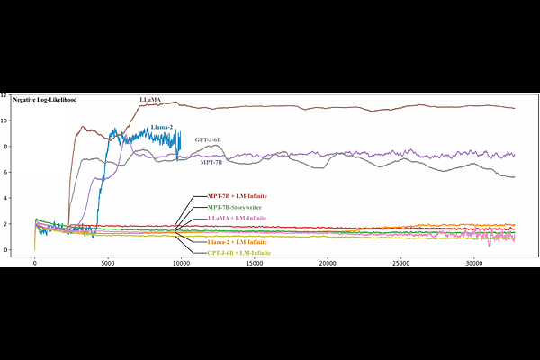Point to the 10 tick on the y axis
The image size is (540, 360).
[5, 121]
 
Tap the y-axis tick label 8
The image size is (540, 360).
[5, 147]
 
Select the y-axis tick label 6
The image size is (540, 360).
[5, 172]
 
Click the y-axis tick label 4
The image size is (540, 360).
[5, 198]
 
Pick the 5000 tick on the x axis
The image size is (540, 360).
[108, 264]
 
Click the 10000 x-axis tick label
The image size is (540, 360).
[181, 264]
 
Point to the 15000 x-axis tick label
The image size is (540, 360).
[255, 264]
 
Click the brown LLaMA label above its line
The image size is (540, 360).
[151, 97]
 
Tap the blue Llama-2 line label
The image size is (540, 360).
[162, 128]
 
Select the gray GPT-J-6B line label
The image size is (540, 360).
[208, 140]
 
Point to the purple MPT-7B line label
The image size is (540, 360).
[211, 163]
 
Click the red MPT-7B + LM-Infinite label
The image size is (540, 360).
[238, 196]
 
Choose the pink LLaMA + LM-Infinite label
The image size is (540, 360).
[237, 219]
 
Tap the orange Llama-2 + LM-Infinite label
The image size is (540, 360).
[238, 242]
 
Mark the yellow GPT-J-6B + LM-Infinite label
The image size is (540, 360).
[238, 254]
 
